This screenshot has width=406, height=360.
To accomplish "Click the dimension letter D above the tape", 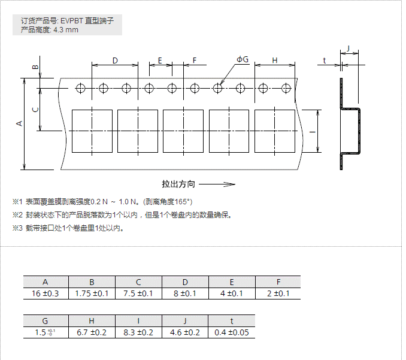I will (x=115, y=60).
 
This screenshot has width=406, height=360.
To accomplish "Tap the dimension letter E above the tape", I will (x=160, y=60).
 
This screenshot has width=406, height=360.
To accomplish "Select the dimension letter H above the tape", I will (x=275, y=60).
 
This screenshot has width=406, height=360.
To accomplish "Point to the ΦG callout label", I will (x=243, y=59).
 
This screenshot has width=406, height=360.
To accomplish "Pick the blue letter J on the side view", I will (x=348, y=47).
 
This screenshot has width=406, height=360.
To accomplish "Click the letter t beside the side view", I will (x=324, y=60).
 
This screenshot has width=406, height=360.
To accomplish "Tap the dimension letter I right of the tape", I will (x=312, y=132).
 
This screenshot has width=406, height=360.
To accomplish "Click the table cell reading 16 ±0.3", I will (x=46, y=294).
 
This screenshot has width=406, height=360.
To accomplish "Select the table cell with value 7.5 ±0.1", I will (x=138, y=294).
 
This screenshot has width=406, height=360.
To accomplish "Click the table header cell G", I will (x=46, y=320).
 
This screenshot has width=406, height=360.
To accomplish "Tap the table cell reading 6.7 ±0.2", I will (x=92, y=332).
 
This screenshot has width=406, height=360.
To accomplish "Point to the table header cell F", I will (x=278, y=282).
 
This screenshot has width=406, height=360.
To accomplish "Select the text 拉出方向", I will (x=178, y=184).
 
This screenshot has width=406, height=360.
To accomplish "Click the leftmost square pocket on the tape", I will (x=92, y=131).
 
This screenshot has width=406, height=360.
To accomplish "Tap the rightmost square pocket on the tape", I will (x=275, y=131).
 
